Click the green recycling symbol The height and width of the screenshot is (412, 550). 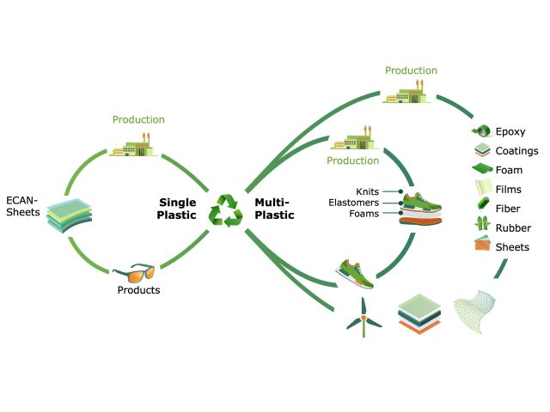(x=227, y=209)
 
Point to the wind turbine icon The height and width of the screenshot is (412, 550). (x=364, y=316)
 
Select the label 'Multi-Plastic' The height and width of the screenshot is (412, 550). (x=274, y=209)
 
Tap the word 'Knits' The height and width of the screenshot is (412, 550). (x=368, y=191)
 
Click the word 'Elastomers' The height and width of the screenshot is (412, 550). (x=354, y=203)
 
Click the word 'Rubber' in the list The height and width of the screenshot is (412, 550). (x=513, y=227)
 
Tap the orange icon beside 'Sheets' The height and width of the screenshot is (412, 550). (x=480, y=246)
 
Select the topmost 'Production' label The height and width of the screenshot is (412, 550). (x=411, y=70)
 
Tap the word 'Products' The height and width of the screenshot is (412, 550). (x=138, y=290)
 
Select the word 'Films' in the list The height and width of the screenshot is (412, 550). (x=509, y=189)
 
